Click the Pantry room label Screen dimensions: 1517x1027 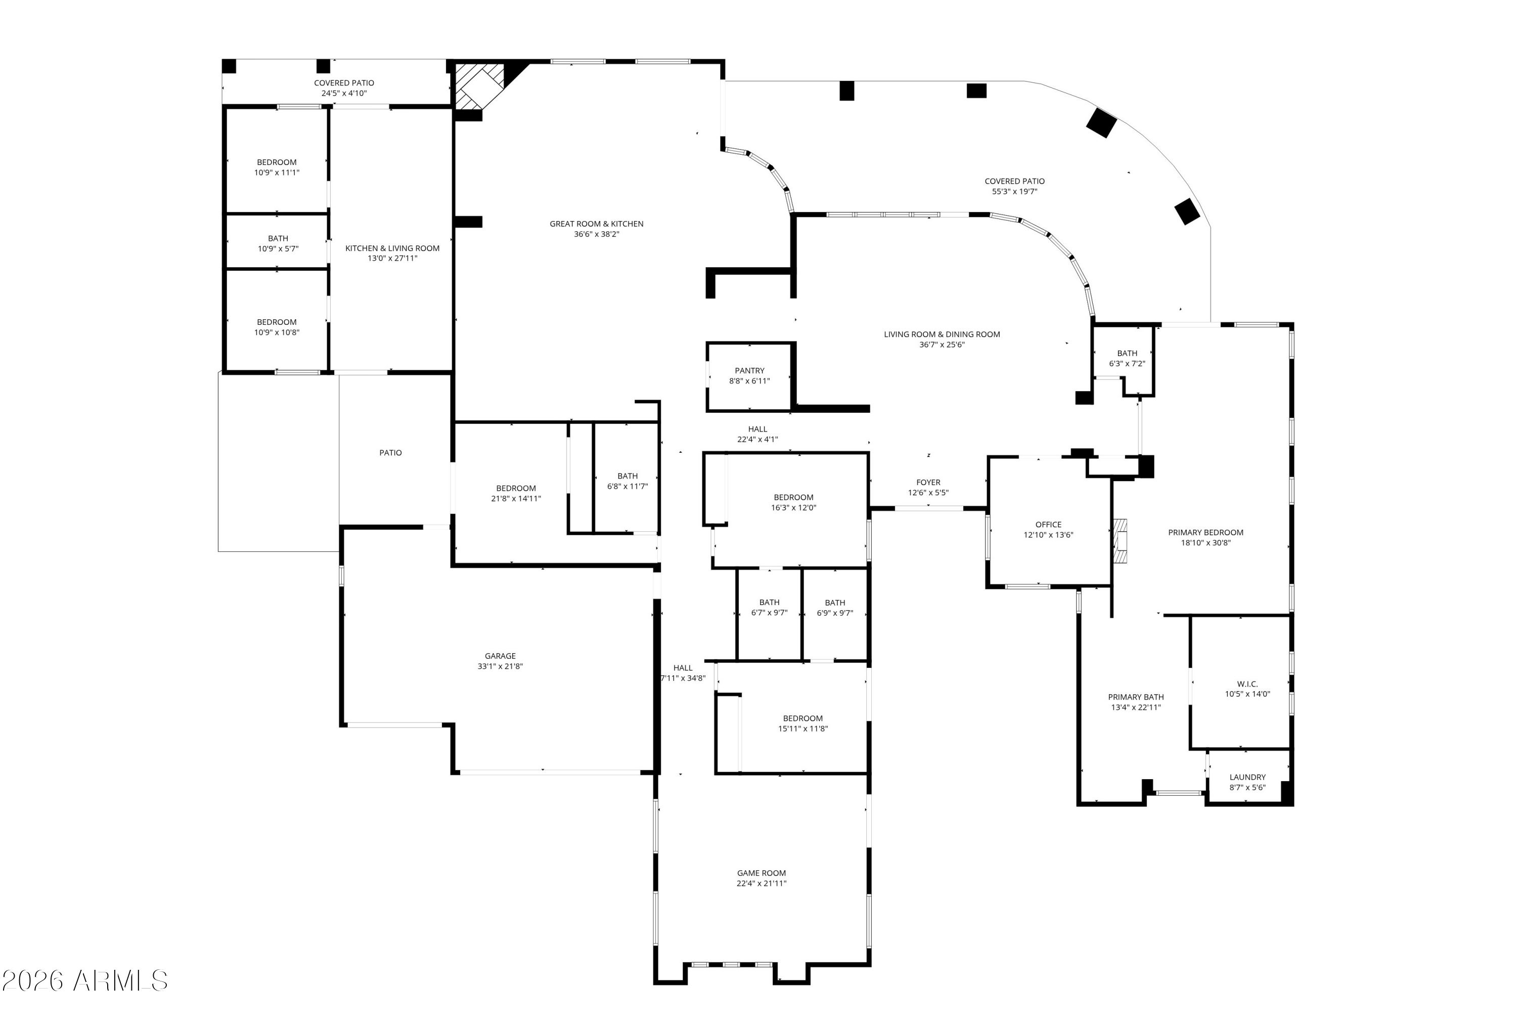click(749, 371)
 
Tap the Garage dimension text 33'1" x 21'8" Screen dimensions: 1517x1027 click(500, 667)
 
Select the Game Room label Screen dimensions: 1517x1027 click(761, 873)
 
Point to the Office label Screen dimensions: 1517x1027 click(1048, 524)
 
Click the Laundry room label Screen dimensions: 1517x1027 click(1247, 777)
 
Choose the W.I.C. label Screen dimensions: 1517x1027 click(1247, 684)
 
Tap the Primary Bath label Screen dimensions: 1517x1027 click(1136, 697)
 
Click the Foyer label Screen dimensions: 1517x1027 click(928, 483)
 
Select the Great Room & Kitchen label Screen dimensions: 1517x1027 click(597, 224)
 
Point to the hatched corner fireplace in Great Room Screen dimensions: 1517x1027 click(480, 85)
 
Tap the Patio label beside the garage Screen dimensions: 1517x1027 click(390, 452)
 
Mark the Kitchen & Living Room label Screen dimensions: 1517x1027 click(392, 248)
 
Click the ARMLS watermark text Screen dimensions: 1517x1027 click(85, 980)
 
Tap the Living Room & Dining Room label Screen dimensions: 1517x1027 click(942, 334)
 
